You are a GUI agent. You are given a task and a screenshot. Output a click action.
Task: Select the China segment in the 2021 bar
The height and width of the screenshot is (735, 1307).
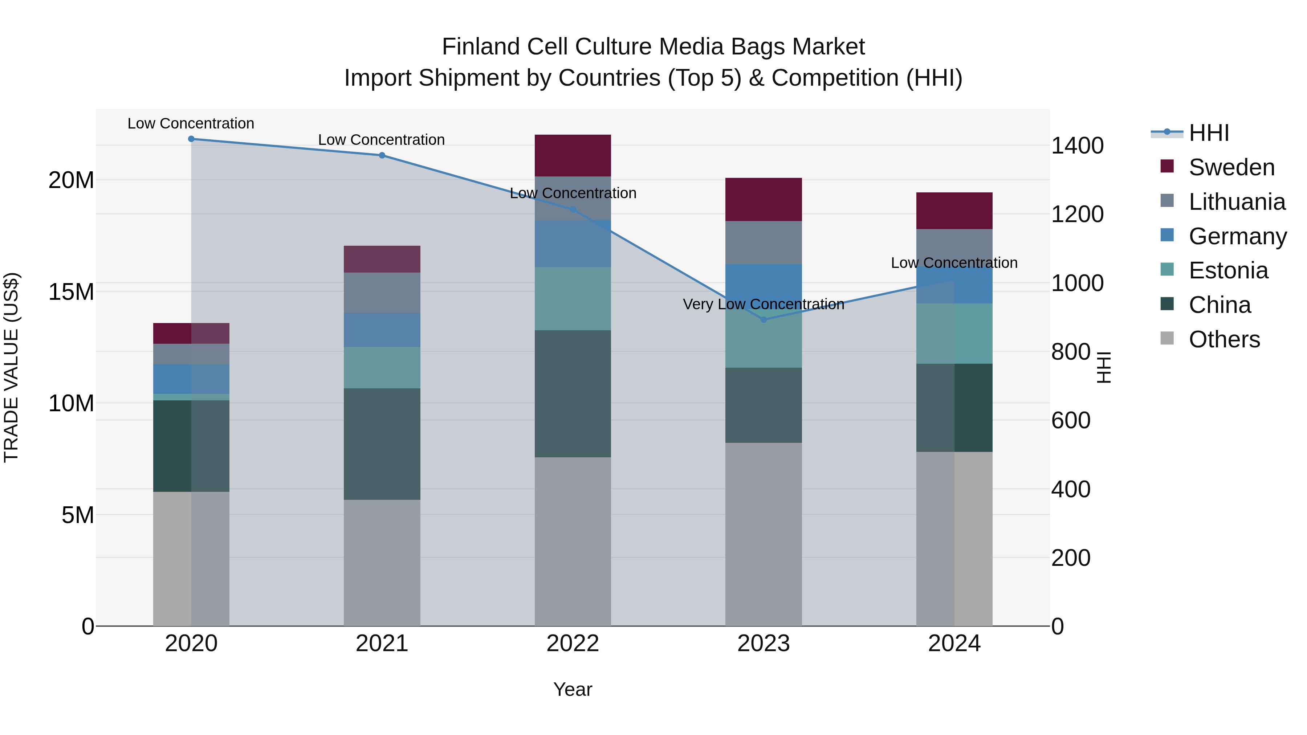382,444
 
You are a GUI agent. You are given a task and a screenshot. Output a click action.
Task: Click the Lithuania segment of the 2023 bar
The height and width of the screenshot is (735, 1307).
763,242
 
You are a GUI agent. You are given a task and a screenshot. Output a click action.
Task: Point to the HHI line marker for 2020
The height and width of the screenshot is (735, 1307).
191,139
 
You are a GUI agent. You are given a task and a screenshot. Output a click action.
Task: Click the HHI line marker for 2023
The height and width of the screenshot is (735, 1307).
764,319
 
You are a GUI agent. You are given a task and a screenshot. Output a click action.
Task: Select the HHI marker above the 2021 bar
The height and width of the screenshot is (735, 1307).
382,155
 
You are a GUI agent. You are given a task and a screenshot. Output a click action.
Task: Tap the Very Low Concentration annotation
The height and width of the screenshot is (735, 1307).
763,305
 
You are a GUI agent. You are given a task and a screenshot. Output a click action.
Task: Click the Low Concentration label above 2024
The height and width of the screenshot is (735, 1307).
954,263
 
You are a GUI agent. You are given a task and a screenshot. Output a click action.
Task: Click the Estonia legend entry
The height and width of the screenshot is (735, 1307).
1228,270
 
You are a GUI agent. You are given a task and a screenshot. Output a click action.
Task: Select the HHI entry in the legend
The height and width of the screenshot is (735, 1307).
1209,133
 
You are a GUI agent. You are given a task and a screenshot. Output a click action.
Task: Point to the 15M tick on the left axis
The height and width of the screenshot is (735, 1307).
71,292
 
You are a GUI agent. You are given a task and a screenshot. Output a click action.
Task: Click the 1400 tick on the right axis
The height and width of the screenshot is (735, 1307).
1077,146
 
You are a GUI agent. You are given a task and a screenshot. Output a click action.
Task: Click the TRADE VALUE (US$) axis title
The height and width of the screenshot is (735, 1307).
11,367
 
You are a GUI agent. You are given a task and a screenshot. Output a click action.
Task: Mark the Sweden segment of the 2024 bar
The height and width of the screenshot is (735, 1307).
954,211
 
